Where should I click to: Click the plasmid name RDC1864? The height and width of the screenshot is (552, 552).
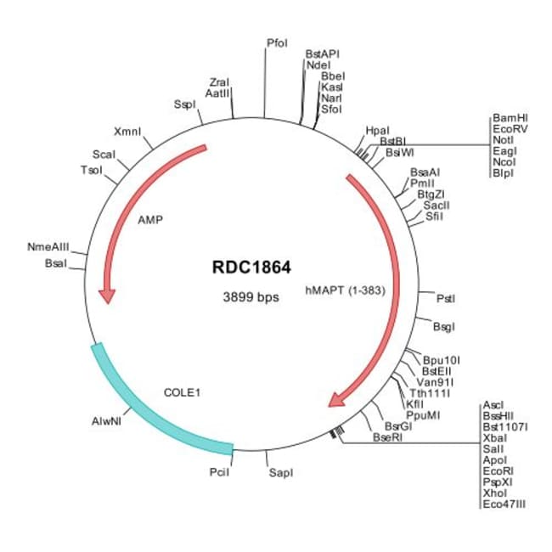[x=251, y=268]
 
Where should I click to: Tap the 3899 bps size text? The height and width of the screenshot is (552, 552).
[x=251, y=297]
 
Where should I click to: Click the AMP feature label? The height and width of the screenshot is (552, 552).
[x=149, y=218]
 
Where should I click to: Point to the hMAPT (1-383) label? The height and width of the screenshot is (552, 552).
[x=346, y=290]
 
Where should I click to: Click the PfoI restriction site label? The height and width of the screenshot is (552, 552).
[x=277, y=42]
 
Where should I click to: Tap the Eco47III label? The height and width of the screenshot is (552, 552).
[x=504, y=504]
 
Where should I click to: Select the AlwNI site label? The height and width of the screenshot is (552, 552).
[x=107, y=420]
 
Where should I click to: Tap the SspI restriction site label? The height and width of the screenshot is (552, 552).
[x=184, y=104]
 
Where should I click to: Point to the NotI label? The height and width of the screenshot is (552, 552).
[x=503, y=140]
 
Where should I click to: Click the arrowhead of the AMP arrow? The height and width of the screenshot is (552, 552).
[x=107, y=296]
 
